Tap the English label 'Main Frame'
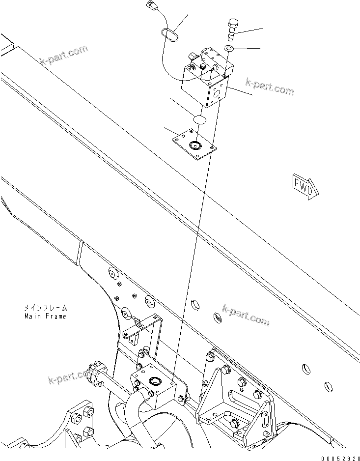45,316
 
